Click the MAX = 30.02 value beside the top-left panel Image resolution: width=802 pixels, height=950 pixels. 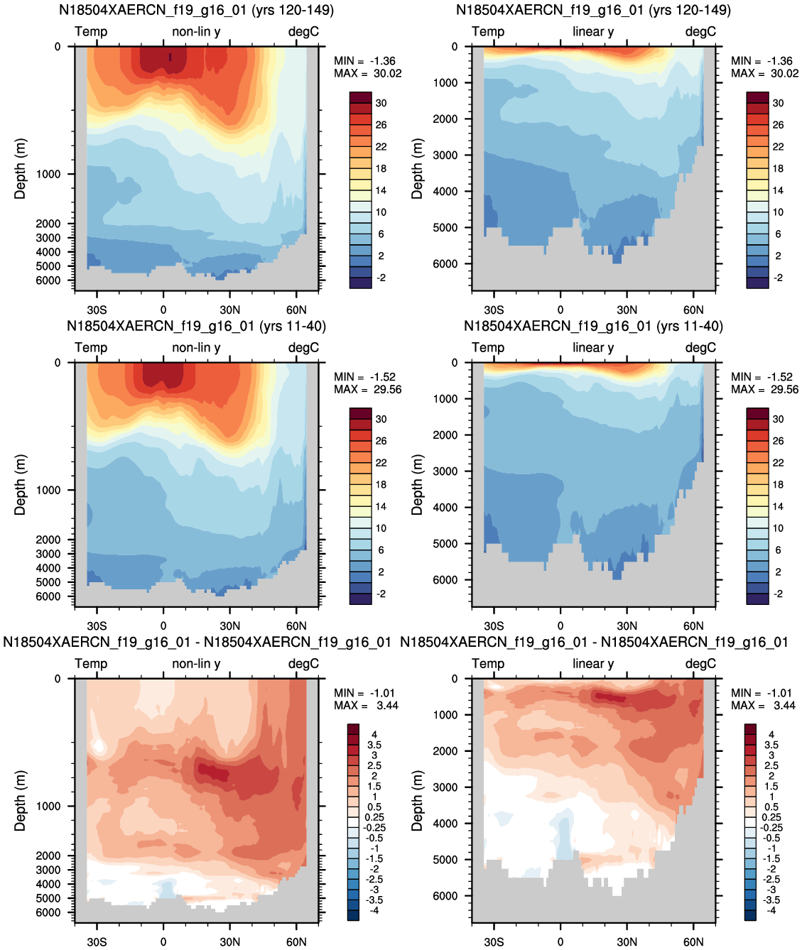(368, 73)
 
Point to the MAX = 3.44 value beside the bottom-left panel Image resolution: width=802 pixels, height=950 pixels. (366, 705)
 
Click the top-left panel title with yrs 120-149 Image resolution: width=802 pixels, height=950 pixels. (197, 10)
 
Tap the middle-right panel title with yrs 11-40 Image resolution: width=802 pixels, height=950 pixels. (594, 326)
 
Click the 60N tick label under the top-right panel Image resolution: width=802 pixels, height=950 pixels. (693, 310)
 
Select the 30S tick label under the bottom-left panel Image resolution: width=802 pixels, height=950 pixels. (97, 941)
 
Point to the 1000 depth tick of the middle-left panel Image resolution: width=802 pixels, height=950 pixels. (48, 490)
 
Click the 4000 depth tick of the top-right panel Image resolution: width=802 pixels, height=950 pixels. (445, 191)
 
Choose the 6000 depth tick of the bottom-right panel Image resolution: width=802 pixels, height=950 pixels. (445, 895)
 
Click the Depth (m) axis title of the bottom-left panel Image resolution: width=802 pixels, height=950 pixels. (20, 801)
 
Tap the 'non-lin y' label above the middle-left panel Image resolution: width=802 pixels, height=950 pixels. (196, 348)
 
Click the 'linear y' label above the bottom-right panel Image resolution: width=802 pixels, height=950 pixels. (593, 664)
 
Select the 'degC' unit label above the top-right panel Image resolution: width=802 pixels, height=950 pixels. (700, 32)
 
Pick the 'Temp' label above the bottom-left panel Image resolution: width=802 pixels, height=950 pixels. (91, 664)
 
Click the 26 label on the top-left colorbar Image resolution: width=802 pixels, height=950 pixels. (381, 125)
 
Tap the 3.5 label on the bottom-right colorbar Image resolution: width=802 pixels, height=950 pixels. (771, 745)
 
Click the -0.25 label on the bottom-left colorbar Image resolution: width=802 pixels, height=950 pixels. (375, 828)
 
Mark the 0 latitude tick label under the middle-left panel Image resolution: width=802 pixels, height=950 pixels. (163, 626)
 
